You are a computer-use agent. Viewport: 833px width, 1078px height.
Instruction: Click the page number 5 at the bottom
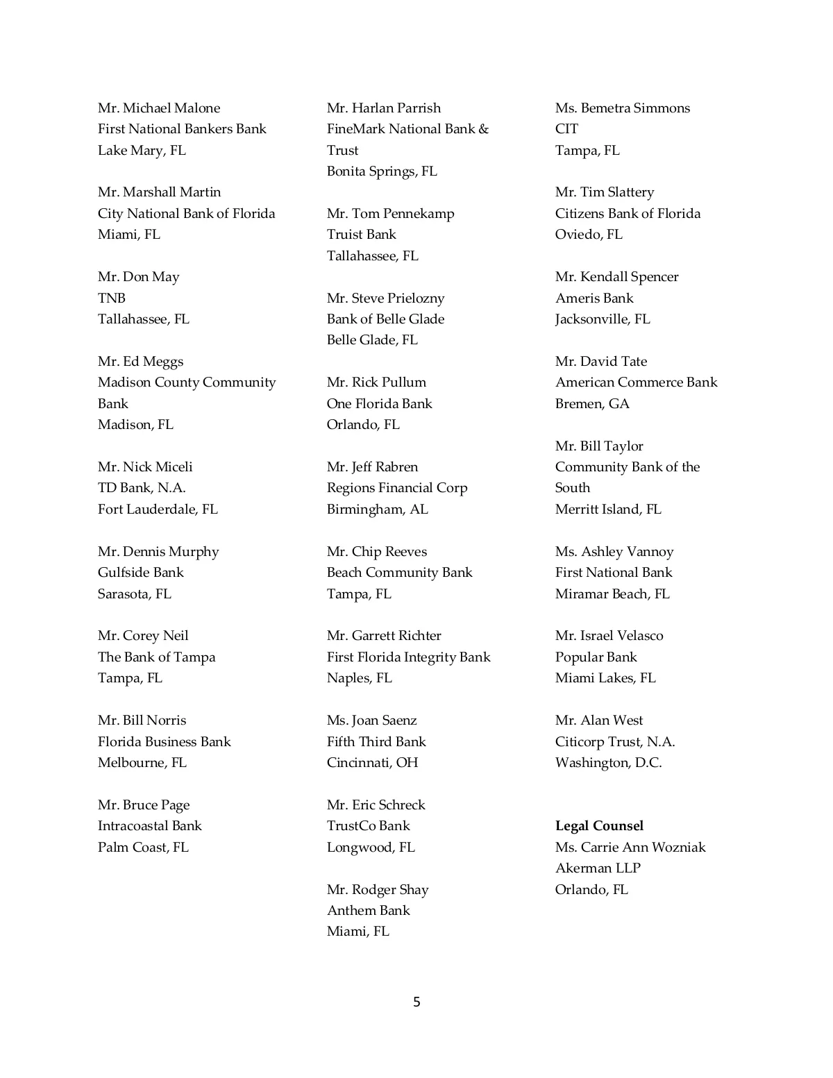coord(416,1002)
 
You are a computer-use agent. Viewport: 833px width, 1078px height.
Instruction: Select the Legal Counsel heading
coord(599,825)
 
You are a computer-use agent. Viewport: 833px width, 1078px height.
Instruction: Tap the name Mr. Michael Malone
coord(159,108)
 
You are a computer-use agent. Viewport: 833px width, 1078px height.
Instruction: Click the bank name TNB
coord(112,298)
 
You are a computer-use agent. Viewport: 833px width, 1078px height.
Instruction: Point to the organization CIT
coord(566,128)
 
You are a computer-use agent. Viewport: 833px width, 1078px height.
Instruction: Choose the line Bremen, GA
coord(592,403)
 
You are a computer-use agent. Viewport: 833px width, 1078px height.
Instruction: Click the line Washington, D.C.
coord(608,762)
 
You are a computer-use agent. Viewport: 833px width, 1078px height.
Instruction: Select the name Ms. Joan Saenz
coord(371,720)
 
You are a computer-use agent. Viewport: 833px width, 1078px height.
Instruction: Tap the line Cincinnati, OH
coord(372,762)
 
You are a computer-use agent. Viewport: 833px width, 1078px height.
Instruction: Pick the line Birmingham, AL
coord(377,509)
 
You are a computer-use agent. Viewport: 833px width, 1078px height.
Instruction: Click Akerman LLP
coord(598,868)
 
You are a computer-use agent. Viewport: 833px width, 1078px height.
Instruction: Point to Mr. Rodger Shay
coord(378,889)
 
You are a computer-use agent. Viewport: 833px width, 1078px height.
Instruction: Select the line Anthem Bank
coord(368,910)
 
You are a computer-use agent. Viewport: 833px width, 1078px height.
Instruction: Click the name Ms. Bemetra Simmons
coord(622,108)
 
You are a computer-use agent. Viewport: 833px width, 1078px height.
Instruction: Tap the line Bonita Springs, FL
coord(382,171)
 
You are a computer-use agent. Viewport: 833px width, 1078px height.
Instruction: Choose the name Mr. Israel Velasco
coord(609,635)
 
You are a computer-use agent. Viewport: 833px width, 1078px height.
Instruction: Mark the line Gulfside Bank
coord(140,572)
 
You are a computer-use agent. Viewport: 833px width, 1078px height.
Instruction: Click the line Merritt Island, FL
coord(608,509)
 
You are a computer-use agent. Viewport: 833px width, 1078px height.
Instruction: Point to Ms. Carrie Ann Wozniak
coord(630,847)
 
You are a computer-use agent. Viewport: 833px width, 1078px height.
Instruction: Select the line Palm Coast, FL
coord(143,847)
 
